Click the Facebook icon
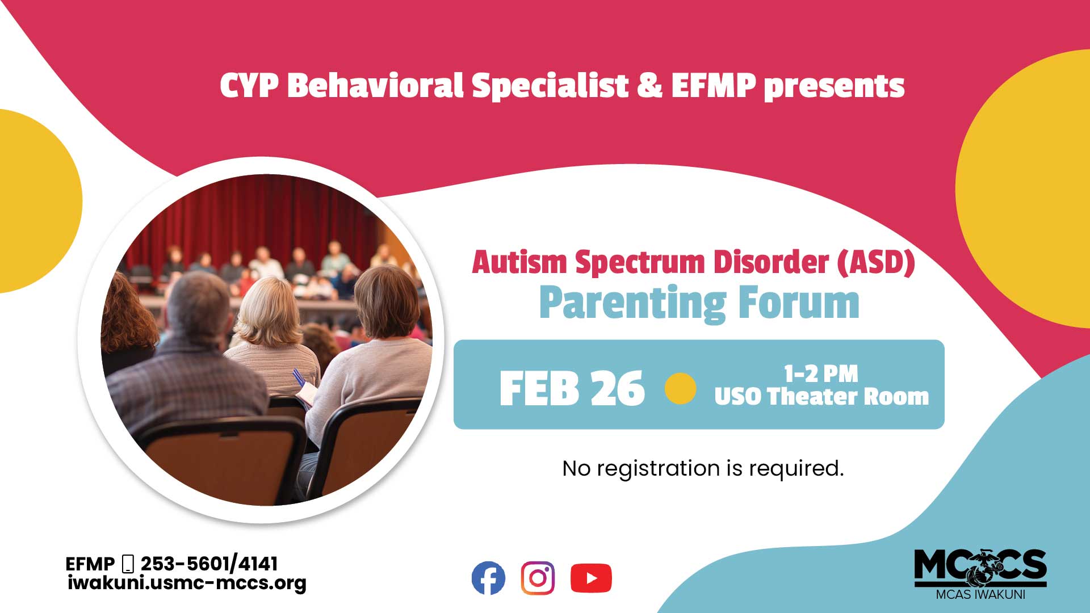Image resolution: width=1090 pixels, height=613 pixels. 488,578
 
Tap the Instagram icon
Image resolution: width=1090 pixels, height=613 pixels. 538,578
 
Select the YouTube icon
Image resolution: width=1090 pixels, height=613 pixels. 591,578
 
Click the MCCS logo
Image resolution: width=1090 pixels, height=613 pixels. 980,568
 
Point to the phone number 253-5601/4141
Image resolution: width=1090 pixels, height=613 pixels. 209,564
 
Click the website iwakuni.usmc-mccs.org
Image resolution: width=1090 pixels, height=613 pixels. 187,583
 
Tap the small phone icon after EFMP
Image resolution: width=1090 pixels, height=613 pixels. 128,564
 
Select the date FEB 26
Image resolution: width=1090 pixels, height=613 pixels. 572,389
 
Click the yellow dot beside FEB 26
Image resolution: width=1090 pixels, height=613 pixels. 680,389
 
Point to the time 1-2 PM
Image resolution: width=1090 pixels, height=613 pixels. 821,374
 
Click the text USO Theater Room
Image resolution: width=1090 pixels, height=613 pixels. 821,397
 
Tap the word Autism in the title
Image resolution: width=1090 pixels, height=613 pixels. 519,262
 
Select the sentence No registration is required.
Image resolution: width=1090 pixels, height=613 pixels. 703,469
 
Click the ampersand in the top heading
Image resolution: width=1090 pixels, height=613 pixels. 649,86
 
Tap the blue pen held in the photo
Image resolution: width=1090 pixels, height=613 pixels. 298,377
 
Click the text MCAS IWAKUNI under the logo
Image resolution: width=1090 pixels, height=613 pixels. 980,595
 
